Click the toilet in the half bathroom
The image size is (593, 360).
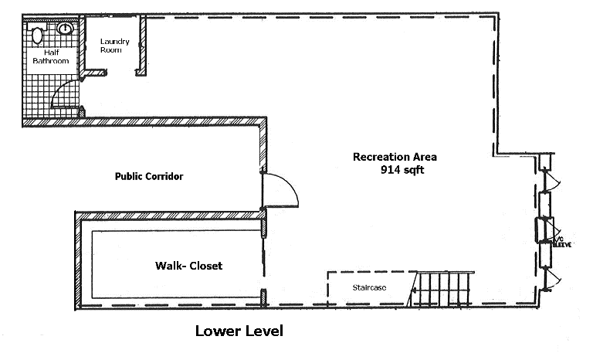(36, 33)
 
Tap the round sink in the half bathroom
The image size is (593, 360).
(66, 29)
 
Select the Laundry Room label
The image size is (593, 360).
(114, 46)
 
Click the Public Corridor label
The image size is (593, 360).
(149, 176)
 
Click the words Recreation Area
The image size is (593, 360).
(388, 158)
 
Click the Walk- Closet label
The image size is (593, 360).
(188, 266)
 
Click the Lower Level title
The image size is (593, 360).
(239, 332)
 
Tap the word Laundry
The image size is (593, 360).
(114, 42)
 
